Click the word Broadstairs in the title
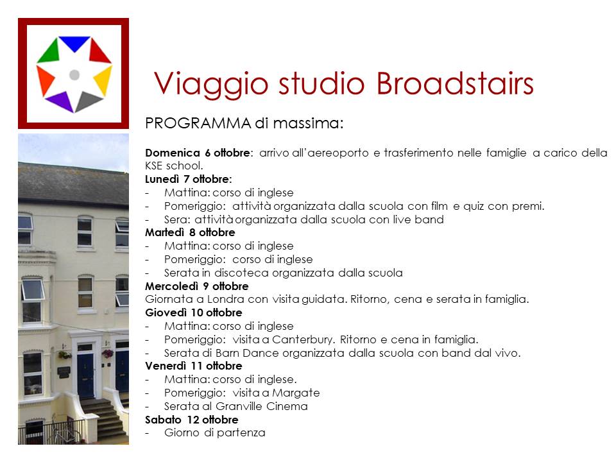[x=455, y=83]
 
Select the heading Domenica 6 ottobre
[x=197, y=153]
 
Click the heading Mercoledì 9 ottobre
[x=197, y=286]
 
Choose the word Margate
[x=296, y=393]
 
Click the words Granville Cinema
[x=262, y=406]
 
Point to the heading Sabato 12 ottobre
[x=192, y=420]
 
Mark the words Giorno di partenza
[x=215, y=433]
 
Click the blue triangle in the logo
[x=74, y=42]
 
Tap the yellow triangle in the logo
[x=104, y=80]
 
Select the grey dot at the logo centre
[x=74, y=74]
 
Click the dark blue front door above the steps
[x=85, y=375]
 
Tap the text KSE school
[x=174, y=166]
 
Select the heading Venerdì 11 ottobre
[x=194, y=366]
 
